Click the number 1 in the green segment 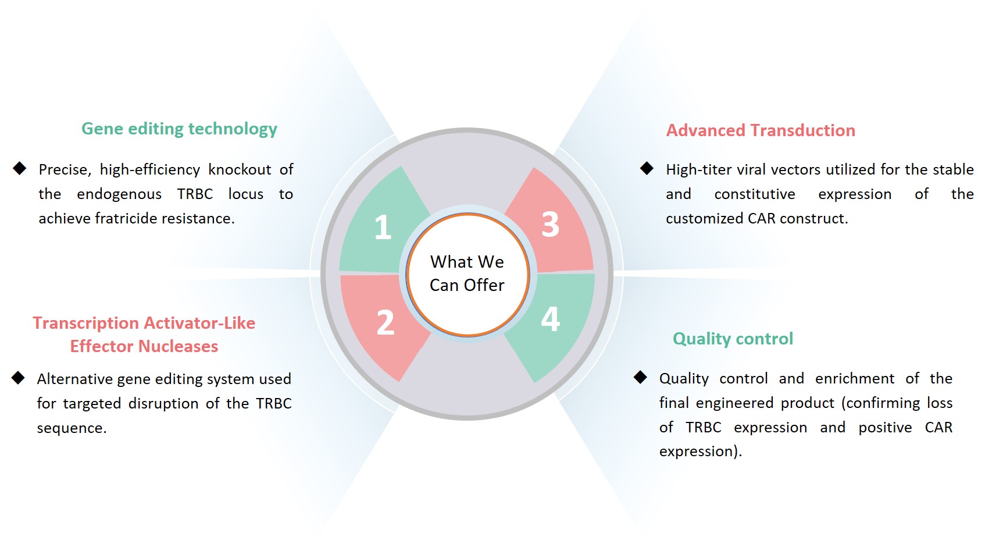[382, 227]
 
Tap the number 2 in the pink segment [385, 322]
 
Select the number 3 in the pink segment [550, 224]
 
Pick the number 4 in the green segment [550, 319]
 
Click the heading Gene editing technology [179, 129]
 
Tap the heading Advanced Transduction [761, 130]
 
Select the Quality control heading [733, 339]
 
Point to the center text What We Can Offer [467, 273]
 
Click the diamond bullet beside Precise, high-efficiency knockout [20, 169]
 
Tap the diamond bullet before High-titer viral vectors [647, 169]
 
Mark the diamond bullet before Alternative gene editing [18, 378]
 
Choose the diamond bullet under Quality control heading [640, 378]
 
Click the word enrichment [854, 378]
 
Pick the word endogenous [119, 194]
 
